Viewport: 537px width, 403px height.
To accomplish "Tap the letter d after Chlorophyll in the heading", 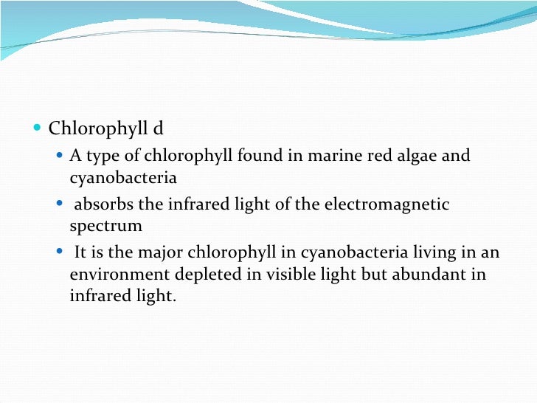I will pos(158,129).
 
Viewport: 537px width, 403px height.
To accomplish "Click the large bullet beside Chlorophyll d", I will pos(39,130).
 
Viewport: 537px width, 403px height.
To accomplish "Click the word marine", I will pos(328,156).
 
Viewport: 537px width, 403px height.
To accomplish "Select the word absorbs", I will pos(101,204).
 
